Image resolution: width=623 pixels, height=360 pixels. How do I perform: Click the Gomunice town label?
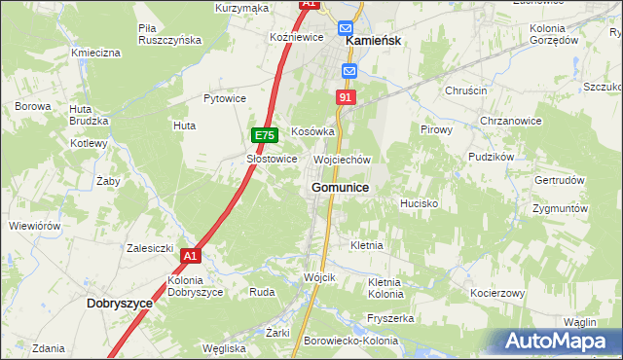click(340, 187)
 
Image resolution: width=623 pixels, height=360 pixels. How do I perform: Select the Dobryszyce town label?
click(120, 304)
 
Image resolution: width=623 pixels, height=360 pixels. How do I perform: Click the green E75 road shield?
click(265, 136)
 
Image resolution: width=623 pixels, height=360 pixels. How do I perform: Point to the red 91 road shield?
click(347, 97)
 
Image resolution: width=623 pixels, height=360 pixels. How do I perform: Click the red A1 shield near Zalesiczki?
click(191, 256)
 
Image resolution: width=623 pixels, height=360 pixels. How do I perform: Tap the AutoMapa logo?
click(557, 341)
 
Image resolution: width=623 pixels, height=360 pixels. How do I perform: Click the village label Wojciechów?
click(343, 160)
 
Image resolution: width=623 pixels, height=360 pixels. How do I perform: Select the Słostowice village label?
click(272, 159)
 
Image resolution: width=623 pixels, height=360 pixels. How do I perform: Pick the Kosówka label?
click(313, 130)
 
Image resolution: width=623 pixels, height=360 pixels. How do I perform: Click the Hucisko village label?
click(420, 204)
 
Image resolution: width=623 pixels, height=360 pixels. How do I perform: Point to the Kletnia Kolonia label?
click(385, 288)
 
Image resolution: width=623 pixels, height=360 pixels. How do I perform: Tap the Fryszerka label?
click(392, 318)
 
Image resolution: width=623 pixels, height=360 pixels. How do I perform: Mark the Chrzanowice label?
click(510, 121)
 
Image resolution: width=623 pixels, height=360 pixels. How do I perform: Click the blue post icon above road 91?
click(349, 71)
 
